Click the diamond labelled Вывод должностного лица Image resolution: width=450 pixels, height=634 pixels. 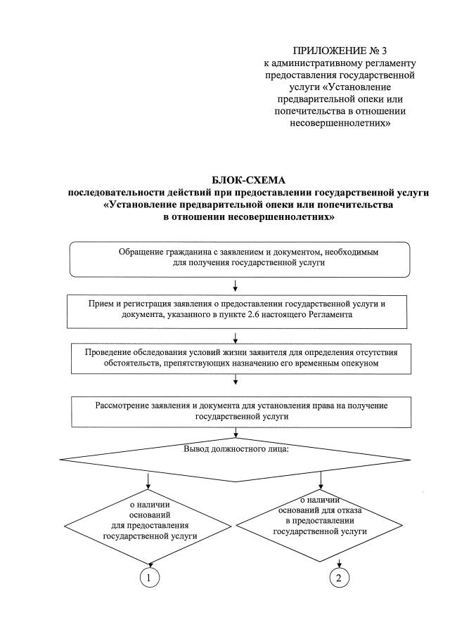(235, 458)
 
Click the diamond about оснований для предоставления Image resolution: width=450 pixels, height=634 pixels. (150, 522)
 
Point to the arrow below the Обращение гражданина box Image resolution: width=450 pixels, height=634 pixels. (235, 285)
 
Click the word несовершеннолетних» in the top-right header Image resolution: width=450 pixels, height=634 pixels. (340, 123)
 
